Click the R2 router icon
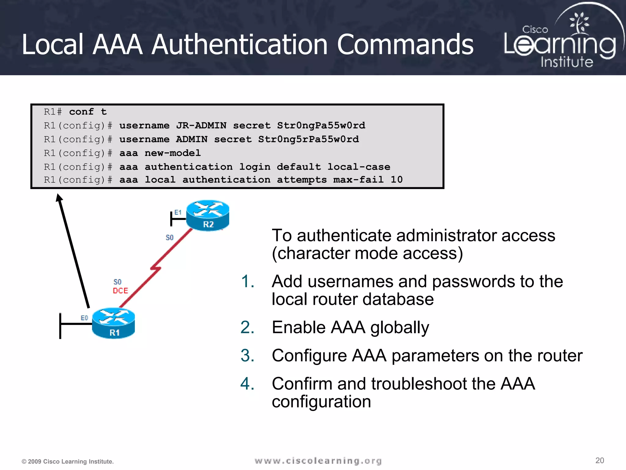pos(208,215)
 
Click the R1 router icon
pos(113,323)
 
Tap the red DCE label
pos(120,291)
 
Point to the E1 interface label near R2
pos(178,212)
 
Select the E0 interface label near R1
pos(84,318)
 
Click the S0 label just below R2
pos(170,237)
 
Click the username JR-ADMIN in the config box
pos(201,125)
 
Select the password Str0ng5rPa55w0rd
pos(308,139)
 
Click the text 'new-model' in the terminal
pos(173,153)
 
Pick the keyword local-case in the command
pos(359,167)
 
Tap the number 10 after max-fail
pos(396,180)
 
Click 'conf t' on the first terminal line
pos(88,112)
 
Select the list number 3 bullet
pos(247,356)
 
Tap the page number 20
pos(599,460)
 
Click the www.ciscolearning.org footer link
pos(318,461)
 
